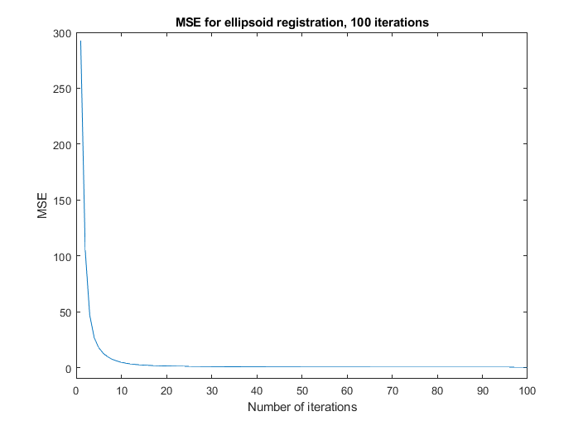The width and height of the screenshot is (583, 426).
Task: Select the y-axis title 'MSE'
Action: (x=42, y=206)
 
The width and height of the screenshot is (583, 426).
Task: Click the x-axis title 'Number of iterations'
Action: (x=301, y=407)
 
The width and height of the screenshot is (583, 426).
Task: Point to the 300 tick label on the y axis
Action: (x=61, y=33)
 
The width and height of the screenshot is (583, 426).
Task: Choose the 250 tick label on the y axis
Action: (x=61, y=89)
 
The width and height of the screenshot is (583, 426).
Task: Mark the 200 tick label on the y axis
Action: (x=61, y=144)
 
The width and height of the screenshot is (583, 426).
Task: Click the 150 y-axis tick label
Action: (x=61, y=201)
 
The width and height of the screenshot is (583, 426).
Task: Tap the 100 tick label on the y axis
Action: (x=61, y=256)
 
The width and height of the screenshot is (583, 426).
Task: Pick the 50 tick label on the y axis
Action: (x=65, y=312)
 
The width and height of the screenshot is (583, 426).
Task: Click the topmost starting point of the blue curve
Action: (x=80, y=41)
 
